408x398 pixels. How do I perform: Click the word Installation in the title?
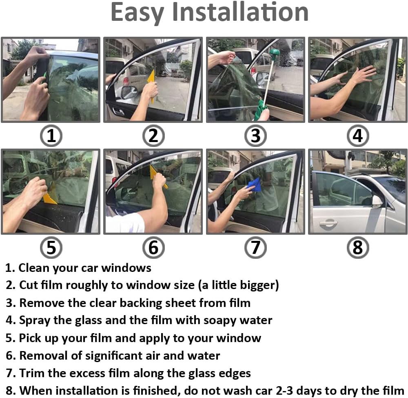(x=240, y=12)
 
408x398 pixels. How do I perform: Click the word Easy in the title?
(x=137, y=13)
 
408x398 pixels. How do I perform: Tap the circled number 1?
(x=51, y=136)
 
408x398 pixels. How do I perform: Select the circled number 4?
(x=358, y=136)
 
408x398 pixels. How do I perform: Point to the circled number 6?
(x=153, y=247)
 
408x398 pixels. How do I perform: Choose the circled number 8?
(x=358, y=247)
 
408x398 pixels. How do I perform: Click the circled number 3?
(x=255, y=136)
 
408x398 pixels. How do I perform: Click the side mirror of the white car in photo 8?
(x=378, y=201)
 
